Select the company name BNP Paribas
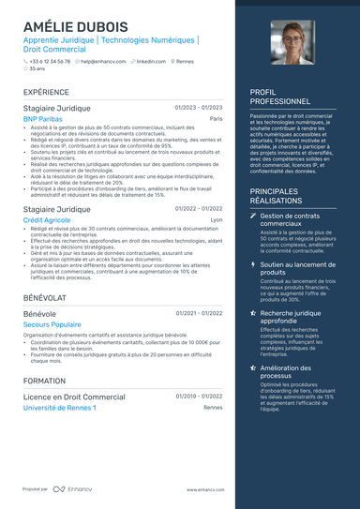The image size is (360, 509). pyautogui.click(x=43, y=120)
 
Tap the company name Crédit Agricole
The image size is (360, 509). pyautogui.click(x=47, y=219)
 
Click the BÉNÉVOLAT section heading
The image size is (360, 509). pyautogui.click(x=45, y=296)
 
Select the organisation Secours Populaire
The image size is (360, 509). pyautogui.click(x=52, y=323)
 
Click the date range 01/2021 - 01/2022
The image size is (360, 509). pyautogui.click(x=199, y=312)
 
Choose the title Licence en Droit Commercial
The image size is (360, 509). pyautogui.click(x=74, y=397)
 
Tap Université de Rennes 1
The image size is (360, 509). pyautogui.click(x=59, y=408)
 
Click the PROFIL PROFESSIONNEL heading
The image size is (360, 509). pyautogui.click(x=280, y=97)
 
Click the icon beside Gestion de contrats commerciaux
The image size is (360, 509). pyautogui.click(x=253, y=217)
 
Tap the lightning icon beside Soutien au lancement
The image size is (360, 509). pyautogui.click(x=253, y=265)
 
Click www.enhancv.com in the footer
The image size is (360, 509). pyautogui.click(x=204, y=489)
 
